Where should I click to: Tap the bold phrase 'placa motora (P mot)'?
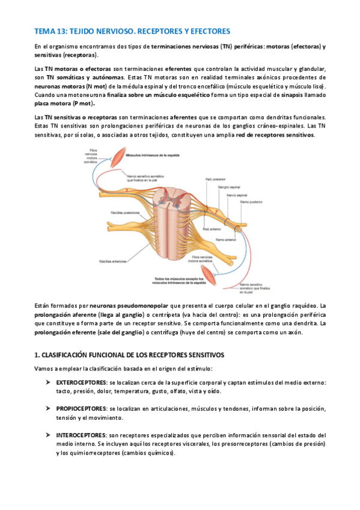(58, 103)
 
